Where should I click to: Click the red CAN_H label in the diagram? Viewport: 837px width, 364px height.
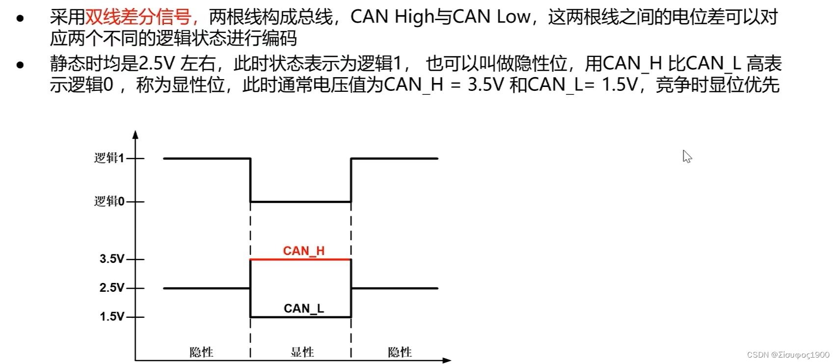coord(303,251)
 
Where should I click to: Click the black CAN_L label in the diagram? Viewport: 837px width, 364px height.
coord(303,308)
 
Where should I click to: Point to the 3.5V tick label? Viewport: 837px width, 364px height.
coord(112,259)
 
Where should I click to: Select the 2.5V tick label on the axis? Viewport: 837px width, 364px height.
coord(112,288)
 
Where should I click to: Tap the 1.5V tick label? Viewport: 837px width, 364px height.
coord(112,317)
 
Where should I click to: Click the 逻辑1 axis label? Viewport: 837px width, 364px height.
coord(109,158)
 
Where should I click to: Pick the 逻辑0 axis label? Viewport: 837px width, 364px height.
coord(109,201)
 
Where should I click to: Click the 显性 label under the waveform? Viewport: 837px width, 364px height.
coord(302,352)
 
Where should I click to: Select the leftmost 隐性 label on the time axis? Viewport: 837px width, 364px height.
coord(201,352)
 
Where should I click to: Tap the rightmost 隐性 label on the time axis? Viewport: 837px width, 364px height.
coord(400,352)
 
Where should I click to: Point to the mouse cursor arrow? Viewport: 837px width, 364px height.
coord(687,156)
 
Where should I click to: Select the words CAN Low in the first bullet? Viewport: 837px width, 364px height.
coord(491,17)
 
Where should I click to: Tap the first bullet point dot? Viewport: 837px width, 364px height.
coord(20,19)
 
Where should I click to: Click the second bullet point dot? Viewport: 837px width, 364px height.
coord(20,65)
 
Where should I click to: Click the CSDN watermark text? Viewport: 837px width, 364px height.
coord(787,355)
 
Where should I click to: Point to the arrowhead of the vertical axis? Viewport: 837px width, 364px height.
coord(135,134)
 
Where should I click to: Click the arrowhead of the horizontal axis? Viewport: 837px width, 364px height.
coord(447,361)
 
